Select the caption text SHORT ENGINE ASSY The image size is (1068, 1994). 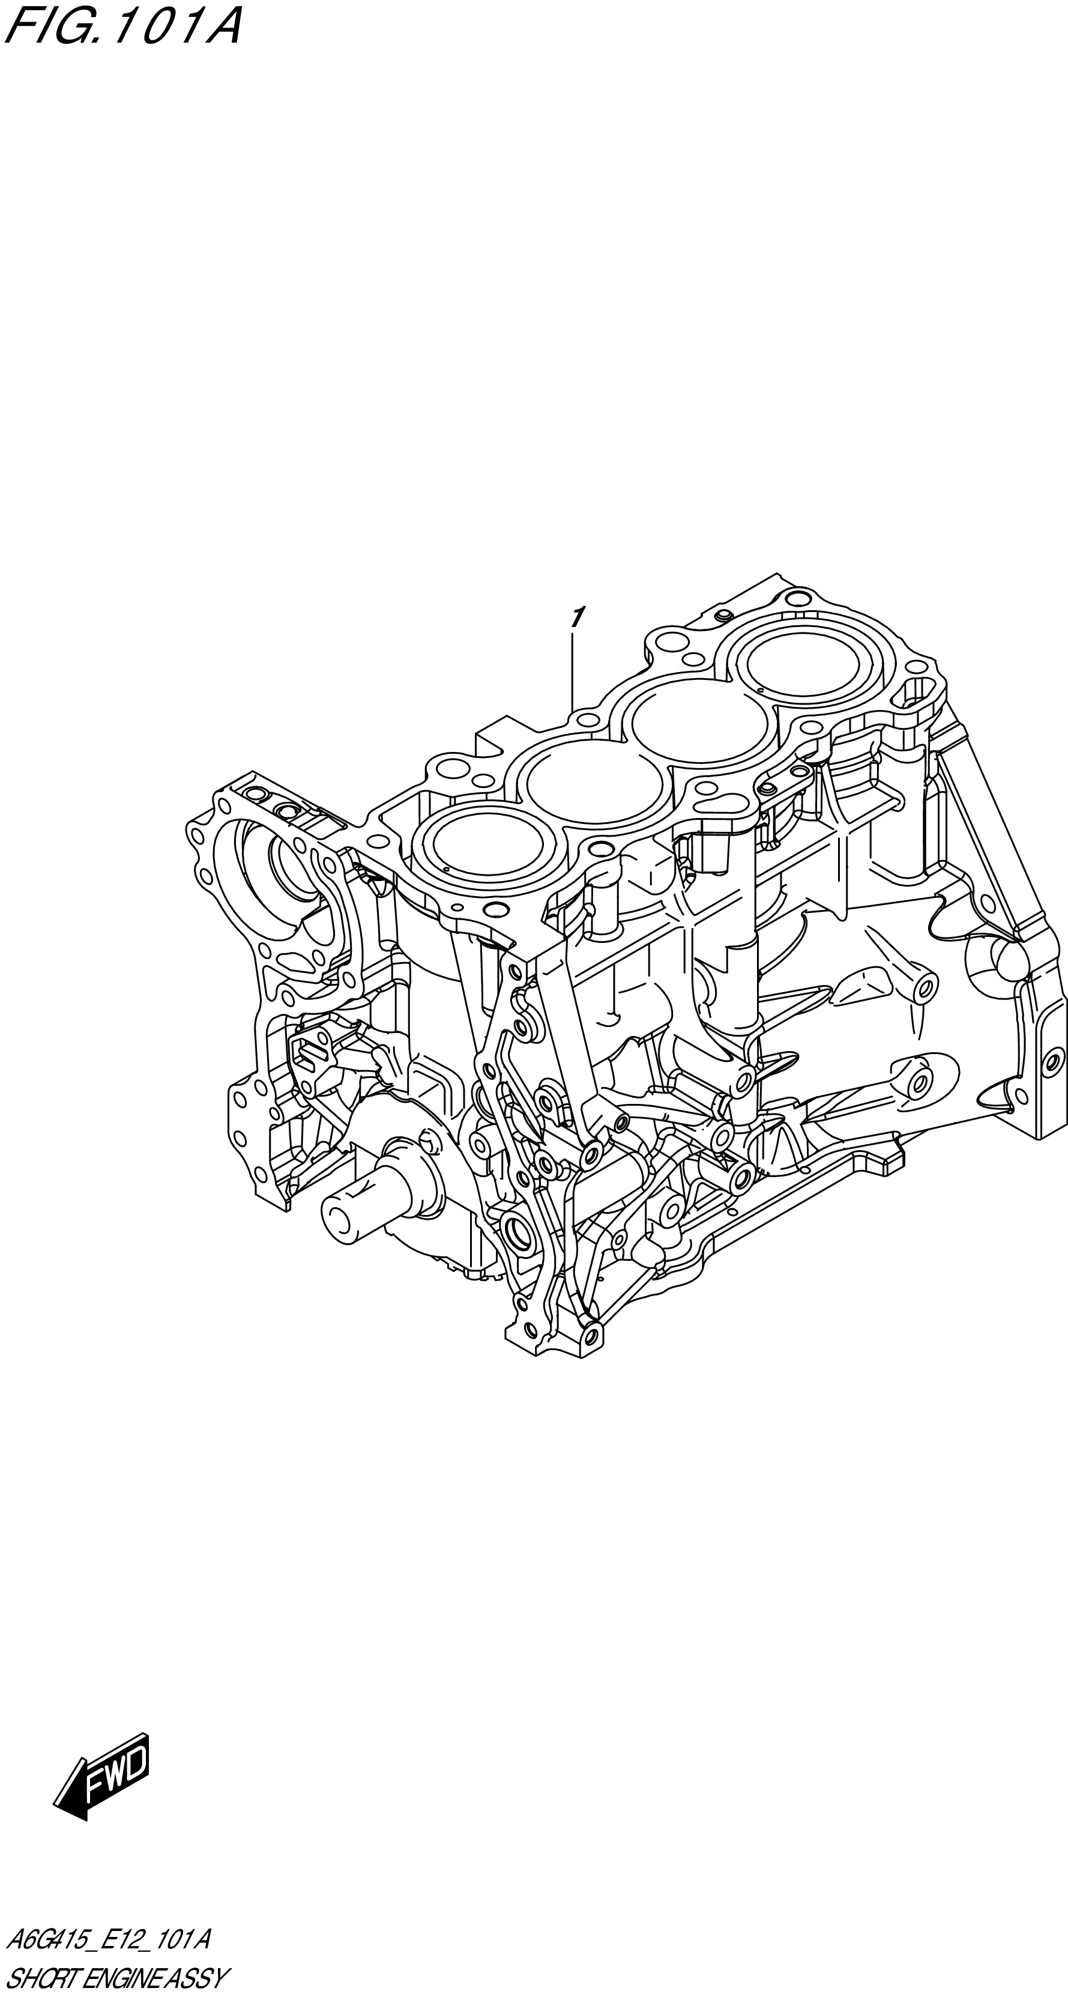(x=116, y=1974)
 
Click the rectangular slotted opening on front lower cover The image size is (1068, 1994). (x=310, y=1052)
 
